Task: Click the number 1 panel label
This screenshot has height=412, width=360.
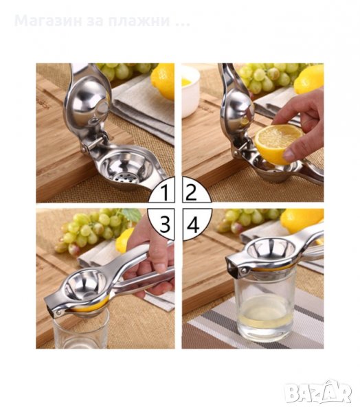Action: click(165, 192)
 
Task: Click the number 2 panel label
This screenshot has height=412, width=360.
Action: click(192, 192)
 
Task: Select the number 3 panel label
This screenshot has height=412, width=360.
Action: click(165, 224)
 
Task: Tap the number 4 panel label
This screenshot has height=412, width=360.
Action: click(193, 225)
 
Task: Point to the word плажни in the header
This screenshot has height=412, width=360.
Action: click(139, 21)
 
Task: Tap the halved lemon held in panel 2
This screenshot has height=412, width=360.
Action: click(279, 144)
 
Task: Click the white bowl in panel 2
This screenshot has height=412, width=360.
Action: click(190, 91)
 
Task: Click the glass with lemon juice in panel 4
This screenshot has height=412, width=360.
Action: click(265, 306)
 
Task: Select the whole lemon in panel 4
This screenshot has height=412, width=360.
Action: click(302, 220)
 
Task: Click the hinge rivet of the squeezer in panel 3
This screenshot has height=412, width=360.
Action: click(58, 312)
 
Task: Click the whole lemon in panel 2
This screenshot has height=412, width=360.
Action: click(308, 80)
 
